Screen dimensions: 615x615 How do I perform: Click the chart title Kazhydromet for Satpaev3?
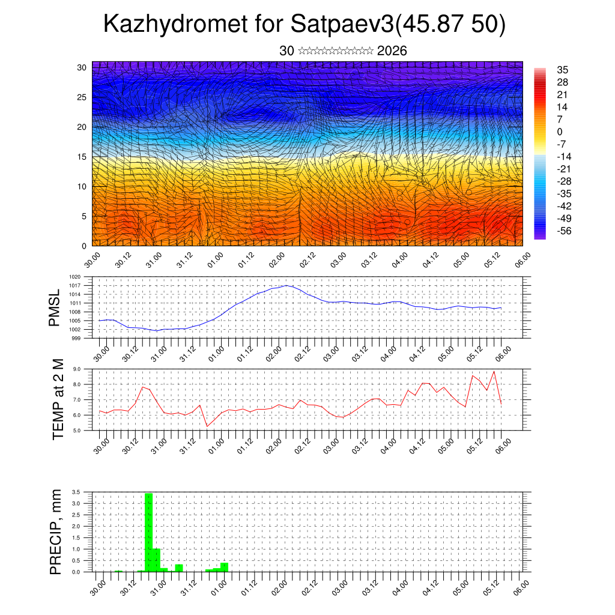(304, 25)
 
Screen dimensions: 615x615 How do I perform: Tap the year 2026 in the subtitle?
(392, 51)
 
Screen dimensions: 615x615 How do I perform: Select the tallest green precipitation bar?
(148, 532)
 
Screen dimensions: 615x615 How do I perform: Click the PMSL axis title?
(55, 307)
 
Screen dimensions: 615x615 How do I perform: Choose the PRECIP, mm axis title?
(56, 532)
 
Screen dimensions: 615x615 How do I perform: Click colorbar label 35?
(563, 70)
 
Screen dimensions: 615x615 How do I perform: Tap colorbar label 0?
(560, 132)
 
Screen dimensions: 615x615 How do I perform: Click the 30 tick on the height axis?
(82, 67)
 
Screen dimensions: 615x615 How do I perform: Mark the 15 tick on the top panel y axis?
(82, 157)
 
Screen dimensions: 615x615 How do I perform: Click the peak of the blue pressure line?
(287, 285)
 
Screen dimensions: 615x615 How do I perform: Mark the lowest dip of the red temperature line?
(207, 426)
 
